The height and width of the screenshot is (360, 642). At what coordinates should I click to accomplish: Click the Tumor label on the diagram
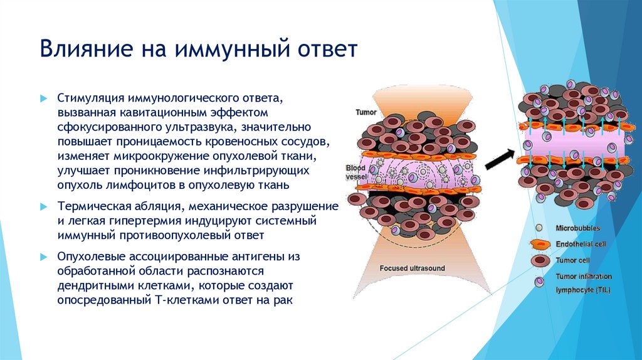(366, 112)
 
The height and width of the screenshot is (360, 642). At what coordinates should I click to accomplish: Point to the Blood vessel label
(356, 172)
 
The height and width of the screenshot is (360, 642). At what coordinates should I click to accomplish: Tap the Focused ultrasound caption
(412, 268)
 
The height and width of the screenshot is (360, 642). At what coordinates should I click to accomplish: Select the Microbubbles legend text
(577, 228)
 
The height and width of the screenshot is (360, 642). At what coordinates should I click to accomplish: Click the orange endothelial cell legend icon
(539, 243)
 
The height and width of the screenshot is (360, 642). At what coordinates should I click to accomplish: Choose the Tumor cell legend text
(573, 260)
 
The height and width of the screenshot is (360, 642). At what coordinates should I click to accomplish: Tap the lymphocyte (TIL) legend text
(582, 290)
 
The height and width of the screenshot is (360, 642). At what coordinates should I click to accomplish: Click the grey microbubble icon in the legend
(539, 228)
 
